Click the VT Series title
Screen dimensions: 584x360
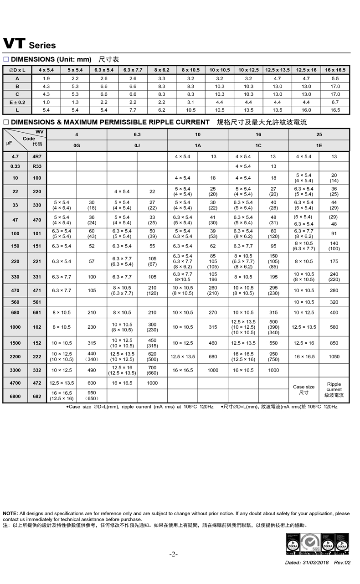[x=29, y=44]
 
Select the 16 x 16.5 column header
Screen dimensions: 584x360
[x=335, y=70]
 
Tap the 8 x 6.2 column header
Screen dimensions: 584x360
[x=162, y=70]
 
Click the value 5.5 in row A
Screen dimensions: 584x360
[x=335, y=78]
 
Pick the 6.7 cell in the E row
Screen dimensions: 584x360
[x=335, y=102]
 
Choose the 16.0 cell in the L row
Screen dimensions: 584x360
[x=306, y=110]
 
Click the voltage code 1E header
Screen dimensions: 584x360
[x=319, y=145]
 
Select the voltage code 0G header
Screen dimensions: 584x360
[x=77, y=145]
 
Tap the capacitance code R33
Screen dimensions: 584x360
[x=37, y=166]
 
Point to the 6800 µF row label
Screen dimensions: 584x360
[x=15, y=396]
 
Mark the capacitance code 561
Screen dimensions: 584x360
[x=37, y=302]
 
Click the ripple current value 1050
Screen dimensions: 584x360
[x=334, y=357]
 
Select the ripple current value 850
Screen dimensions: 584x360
[x=334, y=343]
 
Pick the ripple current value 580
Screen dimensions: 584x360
[x=334, y=327]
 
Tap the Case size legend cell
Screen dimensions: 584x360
[x=303, y=389]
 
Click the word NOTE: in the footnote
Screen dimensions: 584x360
[x=10, y=513]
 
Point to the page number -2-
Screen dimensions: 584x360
[x=173, y=554]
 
